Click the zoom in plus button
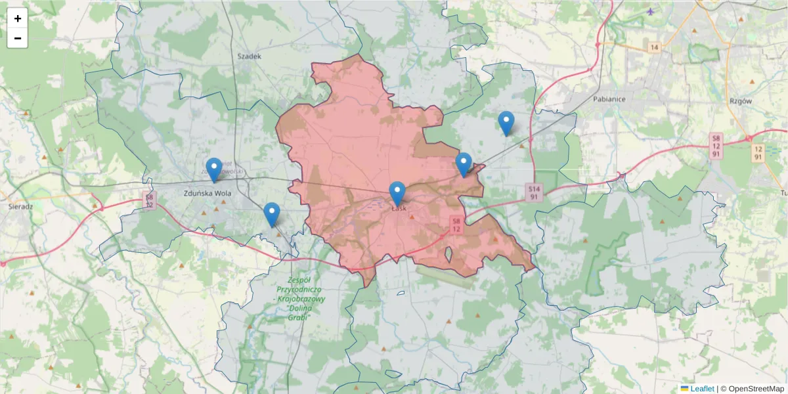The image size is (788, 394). point(18,18)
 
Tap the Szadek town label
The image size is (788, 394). point(250,56)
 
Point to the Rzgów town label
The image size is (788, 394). point(741,102)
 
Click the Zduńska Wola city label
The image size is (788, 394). point(208,193)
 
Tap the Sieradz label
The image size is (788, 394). point(20,206)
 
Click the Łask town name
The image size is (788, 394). point(399,208)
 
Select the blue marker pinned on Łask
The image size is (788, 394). point(397,193)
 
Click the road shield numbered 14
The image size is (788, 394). point(653,47)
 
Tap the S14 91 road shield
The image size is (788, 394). point(535,192)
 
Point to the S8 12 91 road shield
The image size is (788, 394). point(716,146)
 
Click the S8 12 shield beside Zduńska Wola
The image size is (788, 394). point(150,200)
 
